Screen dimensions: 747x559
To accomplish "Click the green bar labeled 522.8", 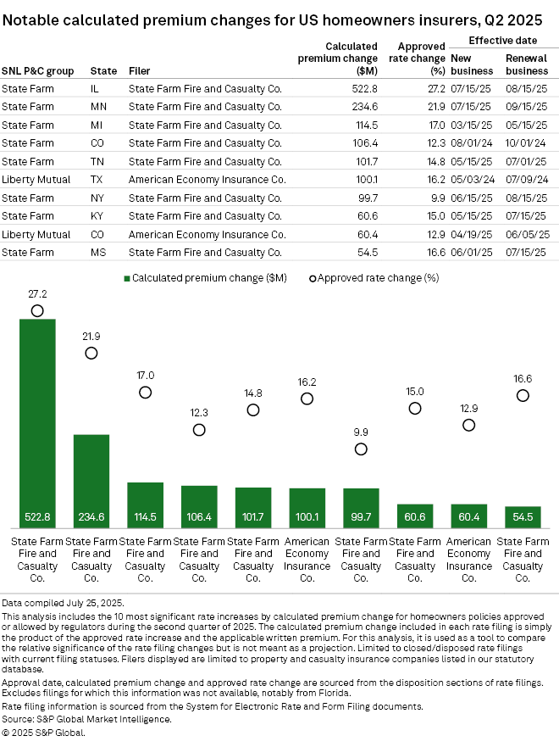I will tap(37, 424).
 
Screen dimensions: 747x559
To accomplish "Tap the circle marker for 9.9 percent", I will tap(362, 449).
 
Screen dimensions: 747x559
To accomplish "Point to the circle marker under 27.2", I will tap(37, 311).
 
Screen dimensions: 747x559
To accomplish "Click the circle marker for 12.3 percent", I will tap(199, 430).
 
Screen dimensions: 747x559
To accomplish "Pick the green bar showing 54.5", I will tap(523, 518).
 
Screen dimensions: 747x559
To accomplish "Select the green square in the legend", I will tap(127, 277).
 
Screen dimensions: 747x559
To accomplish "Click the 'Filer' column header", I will tap(140, 70).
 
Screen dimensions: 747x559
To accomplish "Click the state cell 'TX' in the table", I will tap(97, 180).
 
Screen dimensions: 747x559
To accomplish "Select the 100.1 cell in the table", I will tap(366, 180).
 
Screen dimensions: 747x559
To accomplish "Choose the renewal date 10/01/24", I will tap(526, 143).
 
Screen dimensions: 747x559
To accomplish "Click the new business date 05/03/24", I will tap(470, 180).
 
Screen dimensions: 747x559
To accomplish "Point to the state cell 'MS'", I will tap(97, 252).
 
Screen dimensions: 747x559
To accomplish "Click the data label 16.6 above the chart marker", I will tap(523, 379).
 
